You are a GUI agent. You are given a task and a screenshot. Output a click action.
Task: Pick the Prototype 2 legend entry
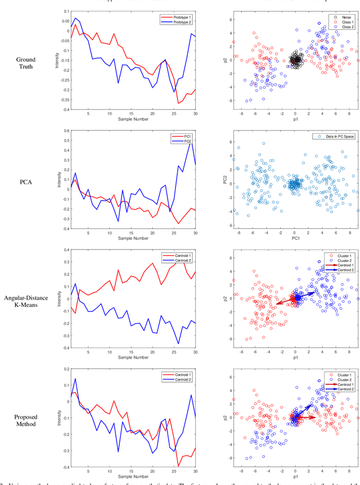pyautogui.click(x=177, y=24)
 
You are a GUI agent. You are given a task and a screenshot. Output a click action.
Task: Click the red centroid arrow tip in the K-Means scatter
pyautogui.click(x=276, y=305)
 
